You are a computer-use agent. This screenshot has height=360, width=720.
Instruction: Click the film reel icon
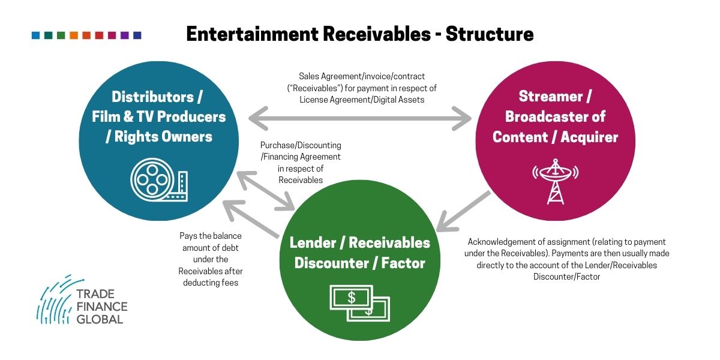(159, 179)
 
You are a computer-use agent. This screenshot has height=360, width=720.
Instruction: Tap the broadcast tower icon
(555, 182)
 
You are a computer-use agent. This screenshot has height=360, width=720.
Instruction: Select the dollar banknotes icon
(359, 303)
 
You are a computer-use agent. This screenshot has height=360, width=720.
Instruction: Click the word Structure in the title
(490, 34)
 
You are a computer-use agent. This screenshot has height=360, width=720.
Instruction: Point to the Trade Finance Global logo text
(102, 307)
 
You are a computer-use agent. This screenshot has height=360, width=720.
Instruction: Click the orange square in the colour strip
(74, 35)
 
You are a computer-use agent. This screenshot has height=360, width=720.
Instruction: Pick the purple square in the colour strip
(124, 35)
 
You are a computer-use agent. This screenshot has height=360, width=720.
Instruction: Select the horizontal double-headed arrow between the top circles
(360, 119)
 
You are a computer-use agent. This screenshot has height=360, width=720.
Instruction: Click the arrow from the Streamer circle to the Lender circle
(463, 211)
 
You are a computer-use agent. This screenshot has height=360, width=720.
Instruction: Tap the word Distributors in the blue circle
(152, 97)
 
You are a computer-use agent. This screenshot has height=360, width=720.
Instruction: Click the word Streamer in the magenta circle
(551, 96)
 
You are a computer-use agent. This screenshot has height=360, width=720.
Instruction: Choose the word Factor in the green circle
(403, 263)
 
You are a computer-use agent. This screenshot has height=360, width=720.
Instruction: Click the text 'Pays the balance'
(211, 236)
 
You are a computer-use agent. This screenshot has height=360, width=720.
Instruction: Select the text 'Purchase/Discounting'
(301, 145)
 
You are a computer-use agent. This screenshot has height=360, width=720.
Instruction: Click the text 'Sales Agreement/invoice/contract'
(362, 76)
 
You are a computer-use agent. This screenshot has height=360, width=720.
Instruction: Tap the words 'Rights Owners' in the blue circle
(163, 137)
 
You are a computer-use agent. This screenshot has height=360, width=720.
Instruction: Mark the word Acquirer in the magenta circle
(589, 137)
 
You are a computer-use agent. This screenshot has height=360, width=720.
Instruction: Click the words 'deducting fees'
(211, 283)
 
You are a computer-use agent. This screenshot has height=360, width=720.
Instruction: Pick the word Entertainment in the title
(253, 34)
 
